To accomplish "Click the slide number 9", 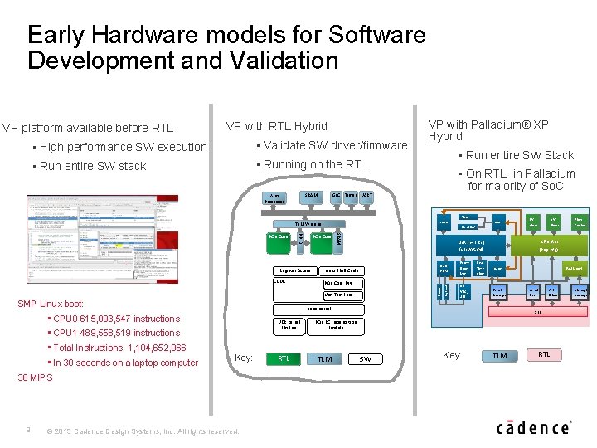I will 27,429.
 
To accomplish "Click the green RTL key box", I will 283,358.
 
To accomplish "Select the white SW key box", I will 365,358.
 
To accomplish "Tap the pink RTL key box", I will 544,354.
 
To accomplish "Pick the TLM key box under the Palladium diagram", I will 500,356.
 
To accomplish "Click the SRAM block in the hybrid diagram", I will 312,196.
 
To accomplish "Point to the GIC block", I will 336,196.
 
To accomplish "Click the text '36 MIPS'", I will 35,377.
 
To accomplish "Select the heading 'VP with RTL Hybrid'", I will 276,126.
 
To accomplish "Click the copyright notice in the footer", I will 143,431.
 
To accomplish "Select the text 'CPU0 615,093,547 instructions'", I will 117,319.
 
